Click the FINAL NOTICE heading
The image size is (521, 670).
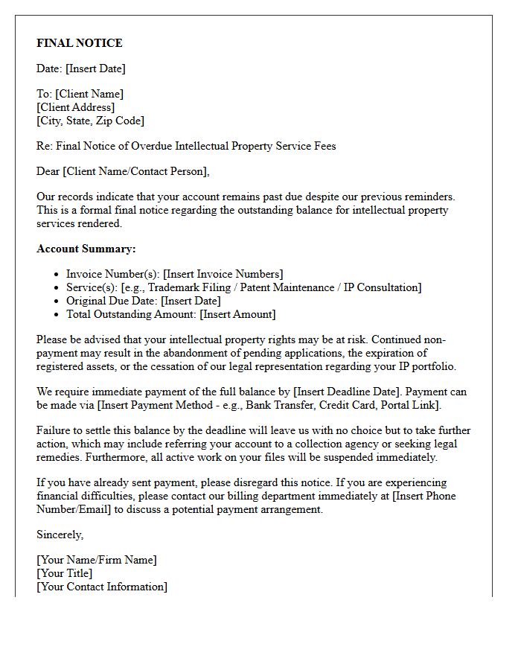[80, 43]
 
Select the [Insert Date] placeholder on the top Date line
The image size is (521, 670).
[95, 68]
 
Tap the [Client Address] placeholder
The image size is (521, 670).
[76, 107]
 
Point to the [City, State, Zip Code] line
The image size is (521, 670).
[90, 121]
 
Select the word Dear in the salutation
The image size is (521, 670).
[48, 171]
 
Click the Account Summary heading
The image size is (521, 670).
[86, 249]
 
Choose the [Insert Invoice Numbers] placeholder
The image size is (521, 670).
[223, 274]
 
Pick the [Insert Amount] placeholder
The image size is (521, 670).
[237, 314]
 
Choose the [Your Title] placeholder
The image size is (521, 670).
[65, 573]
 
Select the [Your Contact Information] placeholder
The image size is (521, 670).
[102, 587]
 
